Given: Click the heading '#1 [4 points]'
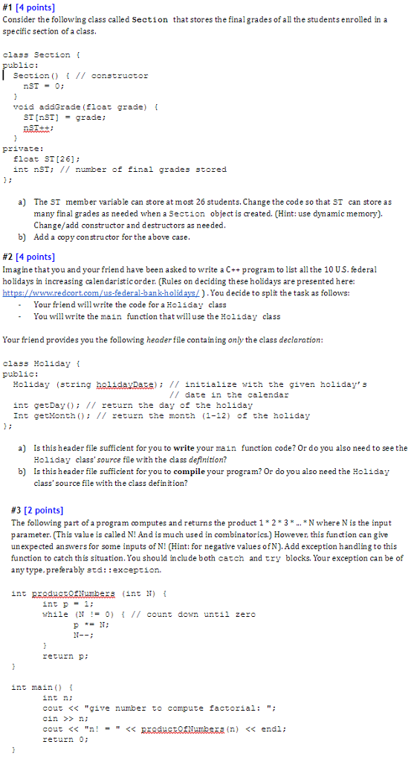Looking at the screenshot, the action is tap(28, 7).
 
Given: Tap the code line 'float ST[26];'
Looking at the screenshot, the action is tap(46, 159).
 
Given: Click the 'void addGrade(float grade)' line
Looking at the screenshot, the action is tap(80, 107).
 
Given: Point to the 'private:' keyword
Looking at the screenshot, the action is tap(23, 148).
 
